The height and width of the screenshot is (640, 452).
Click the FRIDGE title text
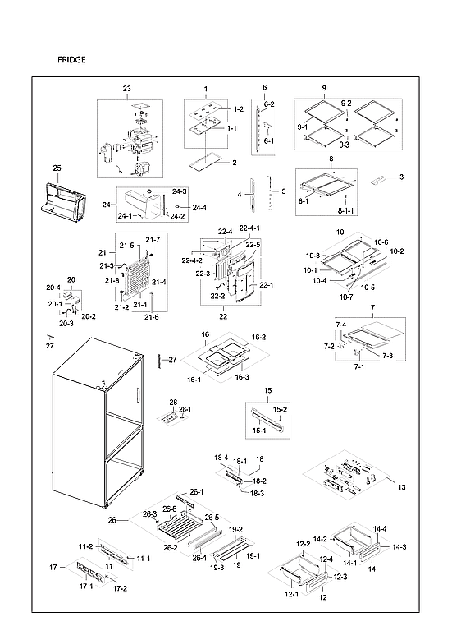[x=71, y=61]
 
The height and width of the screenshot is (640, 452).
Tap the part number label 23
[x=126, y=88]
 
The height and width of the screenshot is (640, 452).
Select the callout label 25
[x=57, y=168]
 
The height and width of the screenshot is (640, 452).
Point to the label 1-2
[x=238, y=109]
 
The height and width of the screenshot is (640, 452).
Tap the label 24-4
[x=199, y=207]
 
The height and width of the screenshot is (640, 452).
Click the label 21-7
[x=153, y=239]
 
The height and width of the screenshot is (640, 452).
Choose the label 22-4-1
[x=249, y=228]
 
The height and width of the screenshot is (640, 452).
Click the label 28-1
[x=185, y=409]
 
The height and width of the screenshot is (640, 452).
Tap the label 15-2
[x=280, y=410]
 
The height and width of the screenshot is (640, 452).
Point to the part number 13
[x=401, y=488]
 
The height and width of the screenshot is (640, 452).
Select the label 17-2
[x=120, y=588]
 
